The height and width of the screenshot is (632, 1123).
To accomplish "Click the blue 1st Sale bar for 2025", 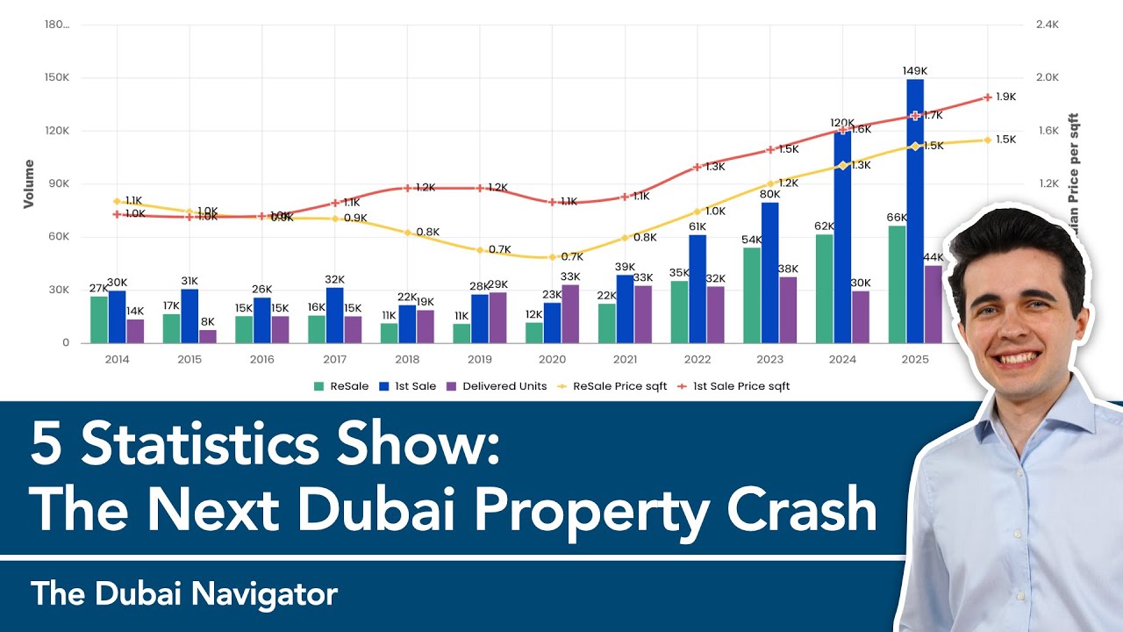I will [x=915, y=211].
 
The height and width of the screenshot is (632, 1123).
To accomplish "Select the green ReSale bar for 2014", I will [x=99, y=320].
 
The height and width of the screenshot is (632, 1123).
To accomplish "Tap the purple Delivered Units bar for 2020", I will [x=570, y=313].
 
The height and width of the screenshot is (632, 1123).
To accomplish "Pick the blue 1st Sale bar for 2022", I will [x=697, y=289].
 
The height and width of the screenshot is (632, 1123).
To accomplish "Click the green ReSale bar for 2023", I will [x=752, y=295].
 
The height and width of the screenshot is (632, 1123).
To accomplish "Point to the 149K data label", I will [x=915, y=70].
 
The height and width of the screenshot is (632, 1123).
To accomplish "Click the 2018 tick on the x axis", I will [x=407, y=360].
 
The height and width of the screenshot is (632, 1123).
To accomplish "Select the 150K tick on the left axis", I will [x=57, y=78].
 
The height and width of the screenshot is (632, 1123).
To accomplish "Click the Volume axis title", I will [x=29, y=183].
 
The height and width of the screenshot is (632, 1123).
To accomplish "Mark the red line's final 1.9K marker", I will [x=988, y=97].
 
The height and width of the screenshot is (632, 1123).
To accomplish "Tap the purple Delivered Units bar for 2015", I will [x=208, y=336].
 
